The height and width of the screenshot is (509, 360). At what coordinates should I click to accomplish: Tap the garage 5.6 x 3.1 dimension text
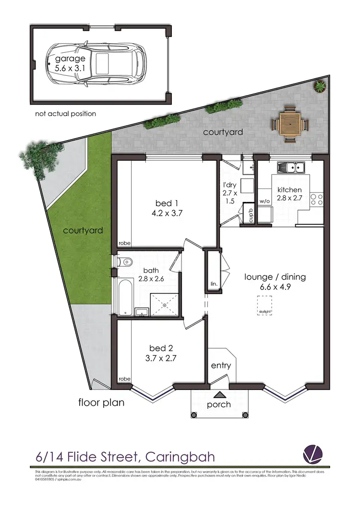pyautogui.click(x=66, y=64)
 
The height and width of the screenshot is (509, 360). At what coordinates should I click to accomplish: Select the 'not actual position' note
pyautogui.click(x=65, y=114)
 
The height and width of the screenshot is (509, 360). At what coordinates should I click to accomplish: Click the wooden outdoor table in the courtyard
pyautogui.click(x=290, y=124)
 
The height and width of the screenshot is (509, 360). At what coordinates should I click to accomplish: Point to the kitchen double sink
pyautogui.click(x=292, y=167)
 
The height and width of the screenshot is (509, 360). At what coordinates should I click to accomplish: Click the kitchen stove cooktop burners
pyautogui.click(x=316, y=199)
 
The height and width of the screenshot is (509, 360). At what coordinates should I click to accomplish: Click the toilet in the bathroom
pyautogui.click(x=126, y=262)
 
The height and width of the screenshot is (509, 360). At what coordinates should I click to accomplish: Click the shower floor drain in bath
pyautogui.click(x=164, y=305)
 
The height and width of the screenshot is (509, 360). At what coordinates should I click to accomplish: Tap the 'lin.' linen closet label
pyautogui.click(x=214, y=284)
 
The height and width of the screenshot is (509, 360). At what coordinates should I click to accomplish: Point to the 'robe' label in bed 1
pyautogui.click(x=125, y=244)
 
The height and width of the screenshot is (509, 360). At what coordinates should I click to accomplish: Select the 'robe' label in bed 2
pyautogui.click(x=124, y=379)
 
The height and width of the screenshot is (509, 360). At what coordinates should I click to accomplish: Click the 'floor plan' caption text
pyautogui.click(x=101, y=402)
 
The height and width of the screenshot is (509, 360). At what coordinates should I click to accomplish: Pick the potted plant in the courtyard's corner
pyautogui.click(x=319, y=86)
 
